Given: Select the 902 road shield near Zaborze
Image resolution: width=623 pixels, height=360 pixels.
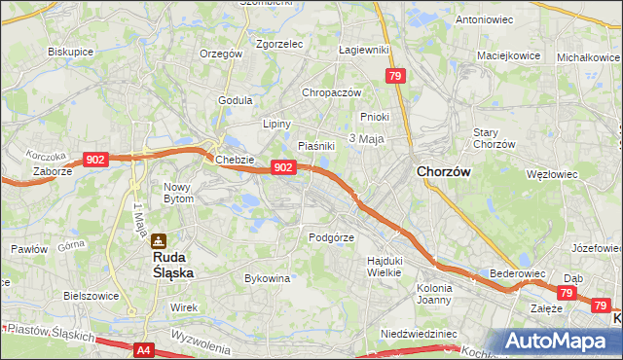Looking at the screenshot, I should point(95,160).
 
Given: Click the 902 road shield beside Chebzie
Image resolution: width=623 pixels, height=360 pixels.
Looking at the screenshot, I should point(282,167).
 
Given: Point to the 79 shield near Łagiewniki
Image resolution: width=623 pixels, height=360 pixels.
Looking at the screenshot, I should point(394,75).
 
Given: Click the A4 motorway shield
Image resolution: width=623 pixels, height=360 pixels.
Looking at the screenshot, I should point(143,349).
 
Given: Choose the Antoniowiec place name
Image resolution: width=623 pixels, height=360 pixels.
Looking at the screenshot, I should point(484,19).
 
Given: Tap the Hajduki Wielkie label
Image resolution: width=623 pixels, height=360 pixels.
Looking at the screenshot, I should point(385,267).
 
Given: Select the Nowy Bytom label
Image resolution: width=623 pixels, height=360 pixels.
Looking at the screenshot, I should point(178,193).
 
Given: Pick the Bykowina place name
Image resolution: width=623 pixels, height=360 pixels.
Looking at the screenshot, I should point(268,278).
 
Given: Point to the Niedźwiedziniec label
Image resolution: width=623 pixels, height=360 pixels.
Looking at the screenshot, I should point(420,333).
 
